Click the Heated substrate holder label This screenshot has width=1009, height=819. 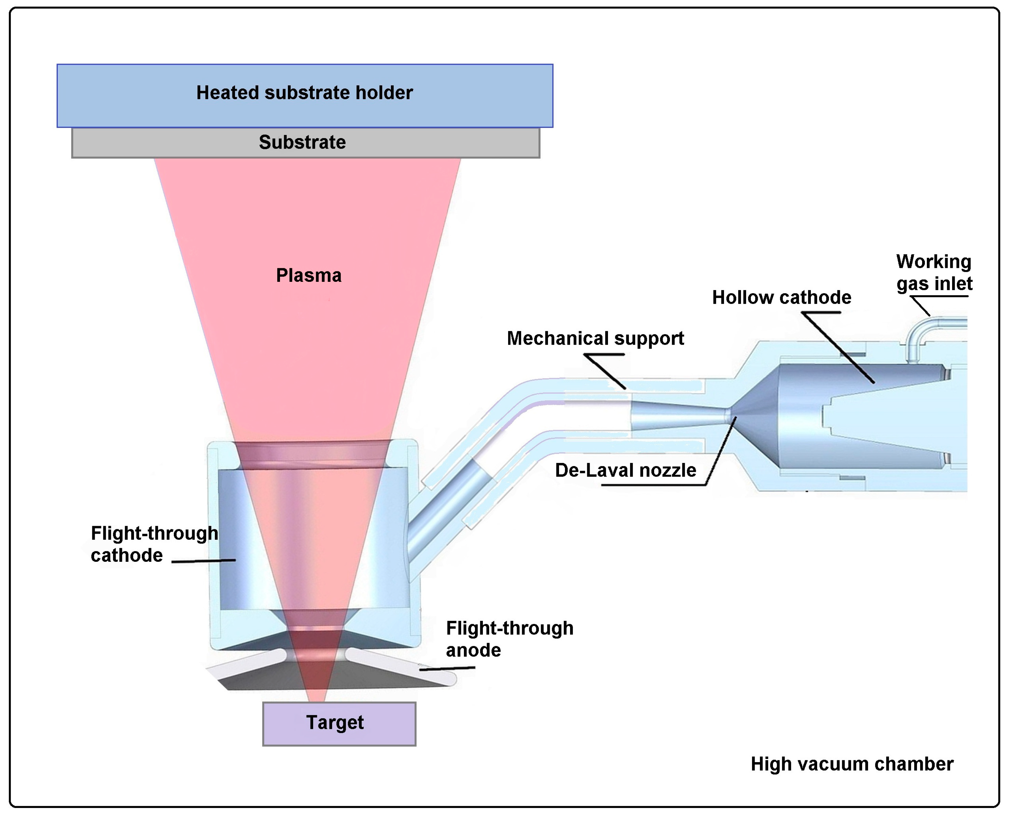tap(304, 93)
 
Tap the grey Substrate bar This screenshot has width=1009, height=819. tap(305, 143)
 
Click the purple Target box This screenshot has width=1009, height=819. tap(339, 724)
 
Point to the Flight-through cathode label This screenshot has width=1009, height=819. tap(154, 544)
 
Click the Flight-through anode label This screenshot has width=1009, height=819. tap(509, 639)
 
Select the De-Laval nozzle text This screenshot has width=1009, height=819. tap(625, 470)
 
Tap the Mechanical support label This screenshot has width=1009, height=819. tap(595, 339)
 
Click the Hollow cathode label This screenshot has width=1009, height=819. tap(781, 298)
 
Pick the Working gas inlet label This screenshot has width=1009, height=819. tap(934, 272)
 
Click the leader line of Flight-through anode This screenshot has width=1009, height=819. tap(447, 668)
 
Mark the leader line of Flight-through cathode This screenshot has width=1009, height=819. tap(203, 561)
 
